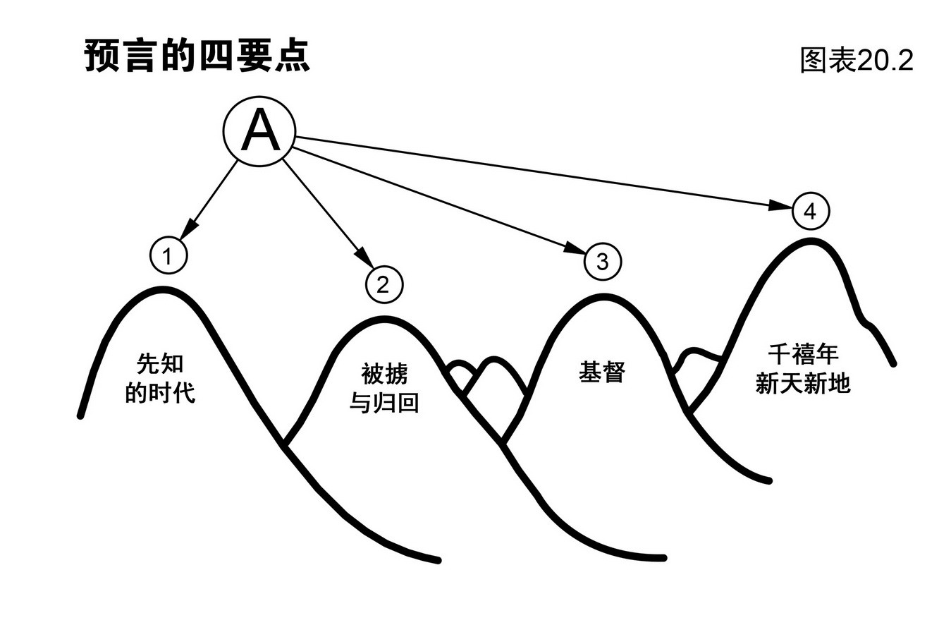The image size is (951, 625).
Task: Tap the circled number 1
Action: [x=168, y=256]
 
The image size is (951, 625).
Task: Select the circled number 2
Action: [x=384, y=284]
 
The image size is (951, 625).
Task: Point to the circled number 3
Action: [x=603, y=262]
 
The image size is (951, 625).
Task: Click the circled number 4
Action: [x=811, y=211]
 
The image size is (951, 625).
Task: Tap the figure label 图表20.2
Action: [x=857, y=60]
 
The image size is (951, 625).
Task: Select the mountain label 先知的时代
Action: [x=160, y=379]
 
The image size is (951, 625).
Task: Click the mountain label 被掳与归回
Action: [x=384, y=387]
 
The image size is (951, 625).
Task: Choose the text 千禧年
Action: [x=803, y=353]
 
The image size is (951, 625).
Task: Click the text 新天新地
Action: [x=803, y=383]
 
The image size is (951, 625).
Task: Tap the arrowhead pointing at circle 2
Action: [x=362, y=258]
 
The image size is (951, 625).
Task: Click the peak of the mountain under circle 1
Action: [x=163, y=289]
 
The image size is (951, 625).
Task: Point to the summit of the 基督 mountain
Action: [x=603, y=297]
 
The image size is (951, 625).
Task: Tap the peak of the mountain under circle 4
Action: [x=811, y=241]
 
